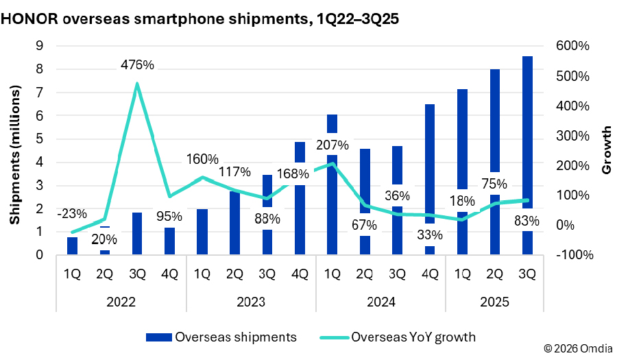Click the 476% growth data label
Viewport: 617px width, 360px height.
(137, 66)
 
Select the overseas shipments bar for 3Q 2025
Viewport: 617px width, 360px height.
(527, 137)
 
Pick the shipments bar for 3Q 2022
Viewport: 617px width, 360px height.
(137, 233)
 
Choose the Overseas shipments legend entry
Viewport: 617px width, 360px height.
(221, 337)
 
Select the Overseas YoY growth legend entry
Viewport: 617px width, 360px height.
(398, 337)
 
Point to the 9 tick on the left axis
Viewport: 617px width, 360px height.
(40, 46)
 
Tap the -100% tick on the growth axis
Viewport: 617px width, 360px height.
(574, 255)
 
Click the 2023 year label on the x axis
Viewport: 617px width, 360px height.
(251, 302)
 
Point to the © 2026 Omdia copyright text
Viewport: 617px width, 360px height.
(579, 349)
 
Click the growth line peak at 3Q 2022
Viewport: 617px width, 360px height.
(137, 84)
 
